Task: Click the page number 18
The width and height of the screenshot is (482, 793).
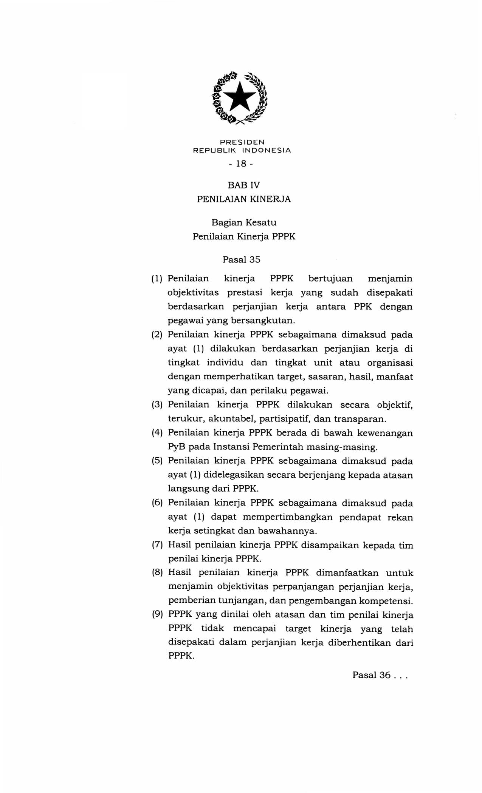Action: click(241, 164)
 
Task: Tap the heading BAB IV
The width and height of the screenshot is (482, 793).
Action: click(244, 185)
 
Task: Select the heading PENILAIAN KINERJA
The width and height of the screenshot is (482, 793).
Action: click(244, 199)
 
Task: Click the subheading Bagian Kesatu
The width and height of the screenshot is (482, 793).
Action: click(244, 222)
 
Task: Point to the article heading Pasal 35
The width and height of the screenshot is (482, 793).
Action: click(242, 260)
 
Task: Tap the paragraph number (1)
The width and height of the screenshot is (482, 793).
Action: click(157, 279)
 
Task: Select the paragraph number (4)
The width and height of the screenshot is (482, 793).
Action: click(157, 433)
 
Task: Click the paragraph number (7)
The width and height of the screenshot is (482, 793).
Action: click(157, 545)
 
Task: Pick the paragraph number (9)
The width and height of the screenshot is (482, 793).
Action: click(157, 614)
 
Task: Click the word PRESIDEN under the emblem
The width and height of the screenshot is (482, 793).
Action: click(242, 142)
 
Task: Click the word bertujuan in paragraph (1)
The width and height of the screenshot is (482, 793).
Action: click(330, 279)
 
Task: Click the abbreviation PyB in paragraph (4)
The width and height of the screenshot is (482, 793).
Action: click(175, 447)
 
